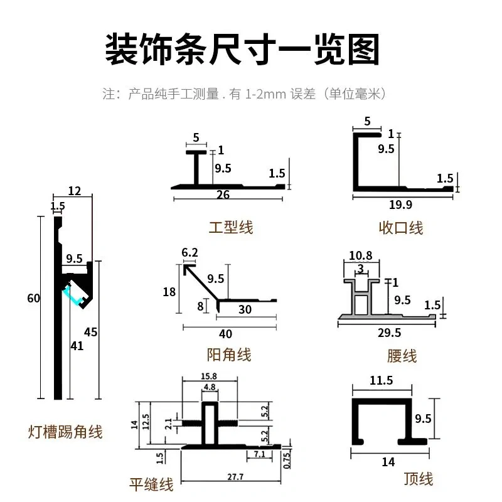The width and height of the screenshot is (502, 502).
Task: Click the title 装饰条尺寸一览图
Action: click(242, 50)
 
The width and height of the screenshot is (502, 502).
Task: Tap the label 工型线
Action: click(231, 227)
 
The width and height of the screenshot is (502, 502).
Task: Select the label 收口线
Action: click(401, 227)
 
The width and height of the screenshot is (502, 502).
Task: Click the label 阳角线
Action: click(228, 355)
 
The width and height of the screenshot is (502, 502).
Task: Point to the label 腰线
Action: click(402, 356)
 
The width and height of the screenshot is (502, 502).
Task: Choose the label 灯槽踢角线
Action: click(65, 432)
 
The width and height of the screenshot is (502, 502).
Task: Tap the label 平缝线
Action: click(151, 484)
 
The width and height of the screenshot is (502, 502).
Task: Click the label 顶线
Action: click(419, 479)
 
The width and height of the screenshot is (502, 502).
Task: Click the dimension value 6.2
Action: click(190, 252)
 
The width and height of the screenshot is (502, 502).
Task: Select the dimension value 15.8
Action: click(209, 376)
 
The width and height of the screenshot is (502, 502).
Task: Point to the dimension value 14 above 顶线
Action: click(388, 462)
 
